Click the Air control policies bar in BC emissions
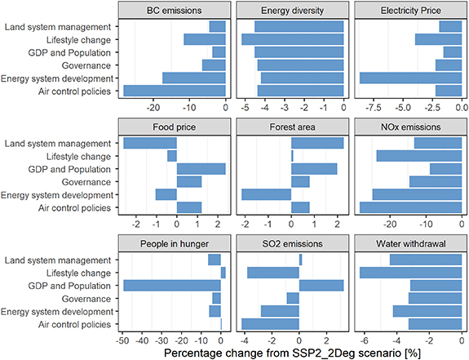(x=174, y=91)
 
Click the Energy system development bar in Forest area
(x=267, y=195)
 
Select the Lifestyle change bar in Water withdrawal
(x=410, y=273)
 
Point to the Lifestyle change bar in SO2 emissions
(x=273, y=273)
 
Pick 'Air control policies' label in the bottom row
(x=73, y=325)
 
